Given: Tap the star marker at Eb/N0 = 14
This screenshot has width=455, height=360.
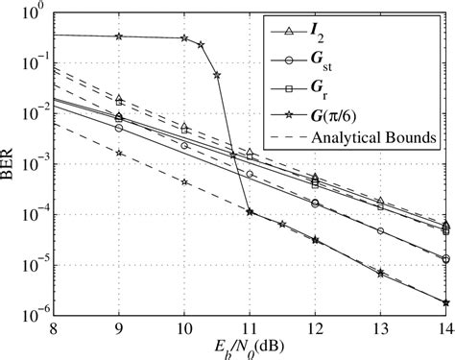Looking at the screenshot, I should click(x=445, y=302).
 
